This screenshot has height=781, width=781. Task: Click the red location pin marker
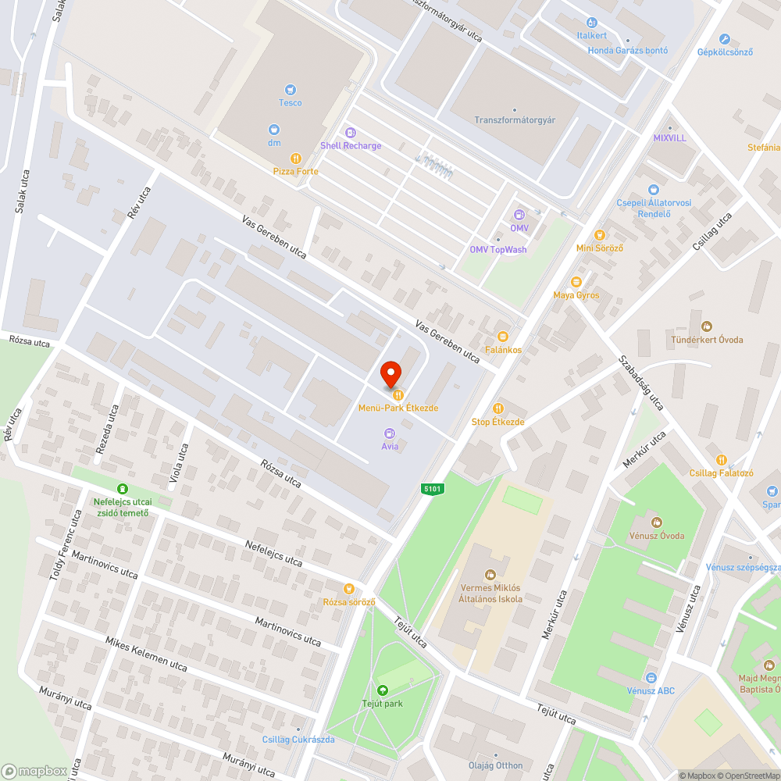(390, 375)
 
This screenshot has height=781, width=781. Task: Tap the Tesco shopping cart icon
(291, 90)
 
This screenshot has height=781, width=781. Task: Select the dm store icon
(274, 130)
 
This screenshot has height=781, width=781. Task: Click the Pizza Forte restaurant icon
(295, 158)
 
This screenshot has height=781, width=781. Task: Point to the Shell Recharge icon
(351, 133)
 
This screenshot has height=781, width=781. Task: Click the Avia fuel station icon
(390, 433)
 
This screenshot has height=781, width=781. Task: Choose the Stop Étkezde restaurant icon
(498, 408)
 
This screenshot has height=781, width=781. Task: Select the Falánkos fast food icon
(503, 337)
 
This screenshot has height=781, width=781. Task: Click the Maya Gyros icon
(576, 282)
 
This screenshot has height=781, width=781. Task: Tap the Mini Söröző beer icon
(599, 234)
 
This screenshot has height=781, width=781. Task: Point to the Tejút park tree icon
(382, 690)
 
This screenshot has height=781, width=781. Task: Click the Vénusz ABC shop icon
(651, 677)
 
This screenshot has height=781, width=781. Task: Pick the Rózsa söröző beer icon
(349, 589)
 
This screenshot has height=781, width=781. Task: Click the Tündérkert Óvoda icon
(707, 326)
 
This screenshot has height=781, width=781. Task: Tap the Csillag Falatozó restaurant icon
(721, 460)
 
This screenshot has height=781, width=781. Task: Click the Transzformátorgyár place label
(515, 119)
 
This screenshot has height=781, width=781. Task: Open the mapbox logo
(34, 771)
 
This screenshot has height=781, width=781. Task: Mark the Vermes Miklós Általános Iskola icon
(490, 575)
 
